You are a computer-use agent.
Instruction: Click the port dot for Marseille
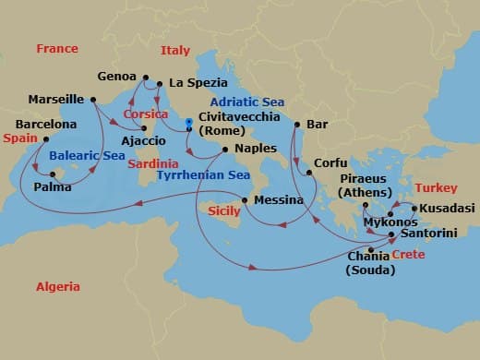tap(93, 100)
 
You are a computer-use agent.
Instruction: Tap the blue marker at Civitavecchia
tap(187, 120)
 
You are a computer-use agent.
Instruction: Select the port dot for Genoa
tap(146, 77)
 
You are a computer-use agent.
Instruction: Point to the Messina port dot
tap(245, 200)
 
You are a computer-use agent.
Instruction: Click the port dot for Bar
tap(297, 124)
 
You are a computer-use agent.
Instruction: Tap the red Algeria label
tap(57, 287)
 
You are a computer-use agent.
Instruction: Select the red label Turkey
tap(437, 187)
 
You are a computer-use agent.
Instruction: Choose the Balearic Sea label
tap(87, 156)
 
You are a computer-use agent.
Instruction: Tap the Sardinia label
tap(152, 162)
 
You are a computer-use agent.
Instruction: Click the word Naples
tap(256, 148)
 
